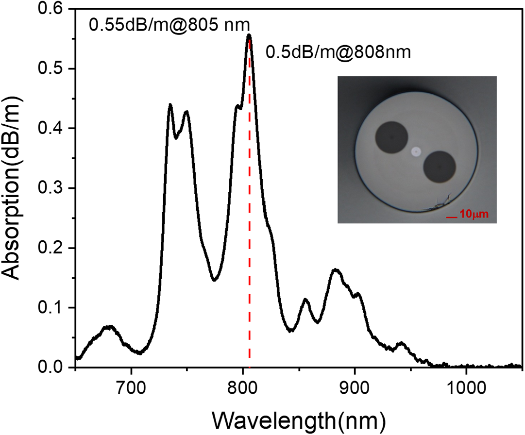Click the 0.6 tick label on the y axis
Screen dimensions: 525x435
click(50, 9)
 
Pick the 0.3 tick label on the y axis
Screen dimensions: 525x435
click(50, 188)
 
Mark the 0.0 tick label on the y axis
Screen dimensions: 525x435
click(50, 367)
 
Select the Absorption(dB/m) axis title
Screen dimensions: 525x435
click(13, 188)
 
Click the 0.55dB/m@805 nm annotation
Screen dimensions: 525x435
click(169, 25)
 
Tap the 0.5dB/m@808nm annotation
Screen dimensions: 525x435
click(338, 52)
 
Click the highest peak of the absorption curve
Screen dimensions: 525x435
click(249, 35)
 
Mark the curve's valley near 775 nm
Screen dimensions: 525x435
click(215, 280)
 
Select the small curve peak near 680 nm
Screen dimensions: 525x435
click(109, 327)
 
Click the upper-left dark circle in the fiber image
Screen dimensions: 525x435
click(391, 137)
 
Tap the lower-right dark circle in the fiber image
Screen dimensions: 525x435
click(440, 167)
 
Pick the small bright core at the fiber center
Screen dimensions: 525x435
click(416, 152)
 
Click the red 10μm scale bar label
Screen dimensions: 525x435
click(474, 214)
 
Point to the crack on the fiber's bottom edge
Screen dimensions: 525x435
click(439, 203)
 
